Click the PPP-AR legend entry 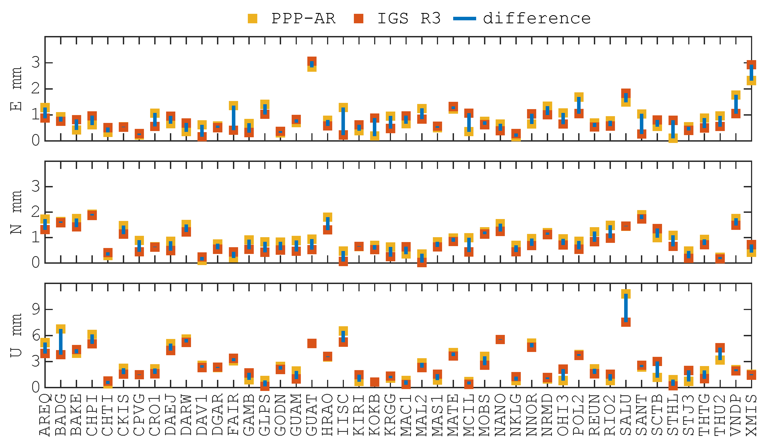pos(303,19)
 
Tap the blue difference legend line pos(465,19)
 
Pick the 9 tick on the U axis pos(36,310)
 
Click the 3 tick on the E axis pos(36,63)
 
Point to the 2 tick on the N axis pos(36,212)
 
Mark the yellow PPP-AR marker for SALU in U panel pos(626,294)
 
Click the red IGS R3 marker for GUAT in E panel pos(312,61)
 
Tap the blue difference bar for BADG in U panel pos(61,342)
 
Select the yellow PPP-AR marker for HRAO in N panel pos(327,217)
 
